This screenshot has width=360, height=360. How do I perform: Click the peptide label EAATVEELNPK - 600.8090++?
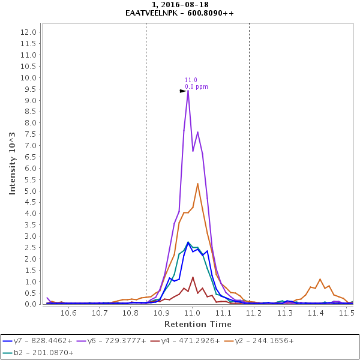click(x=180, y=13)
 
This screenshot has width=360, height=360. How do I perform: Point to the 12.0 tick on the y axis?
click(x=29, y=32)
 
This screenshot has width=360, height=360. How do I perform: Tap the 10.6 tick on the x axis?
click(x=69, y=313)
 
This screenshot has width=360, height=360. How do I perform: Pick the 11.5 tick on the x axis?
click(x=346, y=313)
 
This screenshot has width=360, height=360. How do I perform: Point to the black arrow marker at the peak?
click(x=183, y=91)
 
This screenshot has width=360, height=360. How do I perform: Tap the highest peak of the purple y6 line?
click(x=188, y=91)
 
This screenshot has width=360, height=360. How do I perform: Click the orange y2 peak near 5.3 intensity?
click(x=197, y=184)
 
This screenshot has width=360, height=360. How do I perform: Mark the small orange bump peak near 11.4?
click(x=320, y=279)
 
